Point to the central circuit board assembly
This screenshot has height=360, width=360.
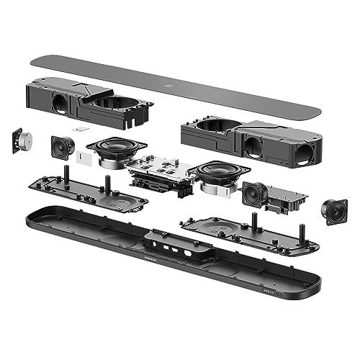(x=161, y=171)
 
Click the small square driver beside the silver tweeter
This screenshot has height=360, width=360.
(x=63, y=148)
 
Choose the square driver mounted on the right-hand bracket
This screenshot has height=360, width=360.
(x=255, y=193)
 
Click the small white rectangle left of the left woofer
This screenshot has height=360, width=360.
(x=84, y=162)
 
